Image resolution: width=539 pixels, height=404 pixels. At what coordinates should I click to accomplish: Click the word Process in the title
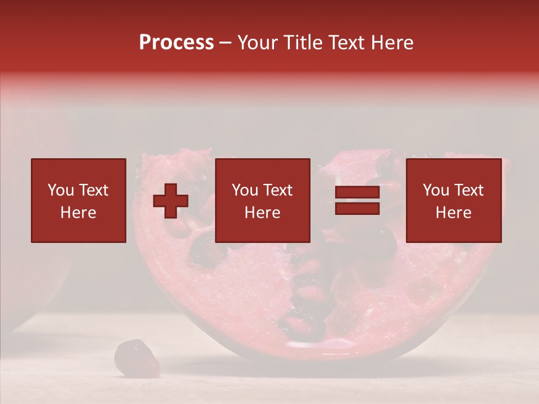pos(176,43)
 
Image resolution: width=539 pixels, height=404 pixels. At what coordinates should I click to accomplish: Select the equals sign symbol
pos(357,201)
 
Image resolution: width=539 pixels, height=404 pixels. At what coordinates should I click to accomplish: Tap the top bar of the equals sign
pos(357,193)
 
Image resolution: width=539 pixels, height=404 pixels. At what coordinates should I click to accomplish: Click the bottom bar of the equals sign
pos(357,209)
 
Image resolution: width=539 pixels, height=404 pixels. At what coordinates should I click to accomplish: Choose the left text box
pos(78,200)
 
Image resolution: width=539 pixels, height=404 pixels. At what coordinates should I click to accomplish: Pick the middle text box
pos(262,200)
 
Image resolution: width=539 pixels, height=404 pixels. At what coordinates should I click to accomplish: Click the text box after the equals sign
pos(453,200)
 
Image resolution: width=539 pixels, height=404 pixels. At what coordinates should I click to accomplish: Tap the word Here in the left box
pos(78,213)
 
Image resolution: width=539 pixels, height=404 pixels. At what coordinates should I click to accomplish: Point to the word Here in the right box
pos(453,213)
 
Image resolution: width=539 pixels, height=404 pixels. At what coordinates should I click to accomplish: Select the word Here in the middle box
pos(262,213)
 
